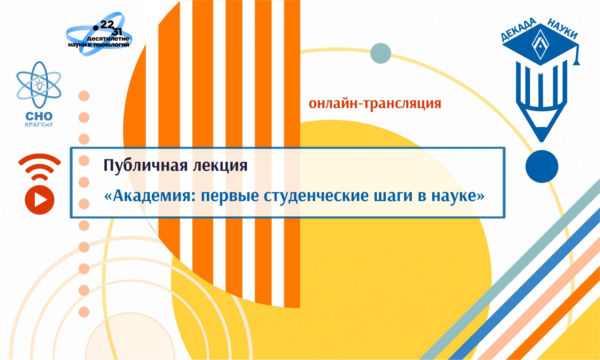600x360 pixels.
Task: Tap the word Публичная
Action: (146, 165)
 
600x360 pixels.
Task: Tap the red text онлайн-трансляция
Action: (375, 104)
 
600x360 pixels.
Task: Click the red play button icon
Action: (40, 200)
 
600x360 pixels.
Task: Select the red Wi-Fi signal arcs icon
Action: (40, 166)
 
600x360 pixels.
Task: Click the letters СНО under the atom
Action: (39, 116)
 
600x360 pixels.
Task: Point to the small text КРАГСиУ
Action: (39, 124)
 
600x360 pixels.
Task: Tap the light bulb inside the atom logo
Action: (39, 85)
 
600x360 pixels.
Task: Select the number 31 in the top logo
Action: (117, 31)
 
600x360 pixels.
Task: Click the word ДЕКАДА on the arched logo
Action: (519, 29)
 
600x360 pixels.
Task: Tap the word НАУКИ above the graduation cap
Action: (562, 29)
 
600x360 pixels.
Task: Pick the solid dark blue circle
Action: (542, 166)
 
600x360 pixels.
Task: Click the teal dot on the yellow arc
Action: (381, 53)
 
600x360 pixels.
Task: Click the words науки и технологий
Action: (99, 45)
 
